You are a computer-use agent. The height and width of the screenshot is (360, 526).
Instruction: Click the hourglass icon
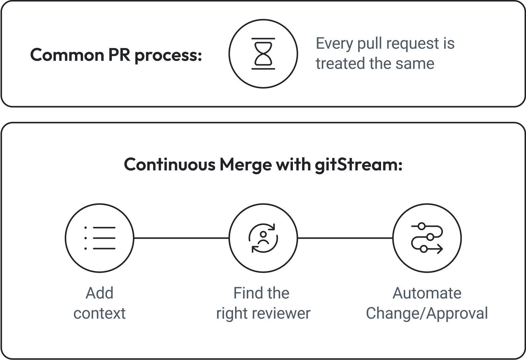pyautogui.click(x=263, y=54)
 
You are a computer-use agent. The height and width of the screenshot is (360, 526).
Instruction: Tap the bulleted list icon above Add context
pyautogui.click(x=100, y=238)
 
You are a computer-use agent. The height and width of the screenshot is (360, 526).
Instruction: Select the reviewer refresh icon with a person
pyautogui.click(x=263, y=238)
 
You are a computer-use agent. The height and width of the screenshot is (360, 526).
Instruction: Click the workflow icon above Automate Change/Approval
pyautogui.click(x=427, y=238)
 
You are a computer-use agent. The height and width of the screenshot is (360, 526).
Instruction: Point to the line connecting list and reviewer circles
pyautogui.click(x=182, y=238)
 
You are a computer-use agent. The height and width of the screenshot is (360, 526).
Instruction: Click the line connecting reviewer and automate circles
pyautogui.click(x=345, y=238)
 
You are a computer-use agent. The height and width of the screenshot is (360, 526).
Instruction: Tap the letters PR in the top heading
pyautogui.click(x=119, y=55)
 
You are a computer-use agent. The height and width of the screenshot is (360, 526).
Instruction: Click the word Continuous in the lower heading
pyautogui.click(x=170, y=165)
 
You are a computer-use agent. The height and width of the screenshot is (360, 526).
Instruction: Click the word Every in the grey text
pyautogui.click(x=335, y=44)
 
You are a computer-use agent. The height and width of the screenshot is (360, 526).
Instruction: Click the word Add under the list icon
pyautogui.click(x=100, y=293)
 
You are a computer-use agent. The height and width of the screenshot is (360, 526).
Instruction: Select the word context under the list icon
pyautogui.click(x=100, y=313)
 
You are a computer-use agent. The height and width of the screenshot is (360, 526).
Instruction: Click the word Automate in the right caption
pyautogui.click(x=427, y=293)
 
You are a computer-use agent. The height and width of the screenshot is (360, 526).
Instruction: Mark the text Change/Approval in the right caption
pyautogui.click(x=427, y=314)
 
